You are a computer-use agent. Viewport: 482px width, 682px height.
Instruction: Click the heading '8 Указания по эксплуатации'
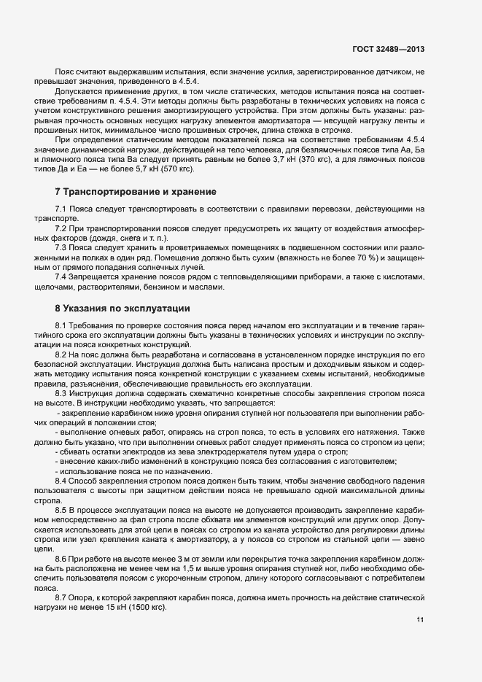point(123,309)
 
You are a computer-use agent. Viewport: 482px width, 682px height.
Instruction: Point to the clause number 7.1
point(61,209)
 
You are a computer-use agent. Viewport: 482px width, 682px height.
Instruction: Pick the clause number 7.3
point(61,247)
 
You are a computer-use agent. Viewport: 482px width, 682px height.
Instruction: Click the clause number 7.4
point(61,276)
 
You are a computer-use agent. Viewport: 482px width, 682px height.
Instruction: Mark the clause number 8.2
point(61,352)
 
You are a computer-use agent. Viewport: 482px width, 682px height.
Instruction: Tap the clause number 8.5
point(61,511)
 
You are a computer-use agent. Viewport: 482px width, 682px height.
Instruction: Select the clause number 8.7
point(61,597)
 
